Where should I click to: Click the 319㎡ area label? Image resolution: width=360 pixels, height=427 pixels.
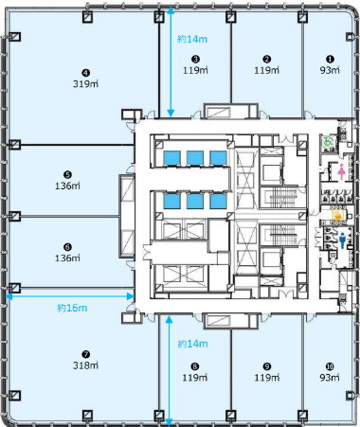pos(86,84)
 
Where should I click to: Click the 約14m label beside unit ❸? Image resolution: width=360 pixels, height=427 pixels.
pos(193,40)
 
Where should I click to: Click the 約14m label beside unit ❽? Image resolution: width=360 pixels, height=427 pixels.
pos(193,347)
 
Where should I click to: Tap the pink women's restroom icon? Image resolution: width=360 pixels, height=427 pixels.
pos(340,171)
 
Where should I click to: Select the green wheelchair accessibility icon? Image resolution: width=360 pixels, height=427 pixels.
pos(327,139)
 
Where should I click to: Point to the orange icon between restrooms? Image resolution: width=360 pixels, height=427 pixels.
pos(340,215)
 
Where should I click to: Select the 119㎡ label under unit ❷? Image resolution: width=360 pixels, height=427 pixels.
pos(267,70)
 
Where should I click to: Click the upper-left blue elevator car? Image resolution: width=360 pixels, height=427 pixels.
pos(172,157)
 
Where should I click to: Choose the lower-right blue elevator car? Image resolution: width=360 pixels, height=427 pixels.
pos(219,201)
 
